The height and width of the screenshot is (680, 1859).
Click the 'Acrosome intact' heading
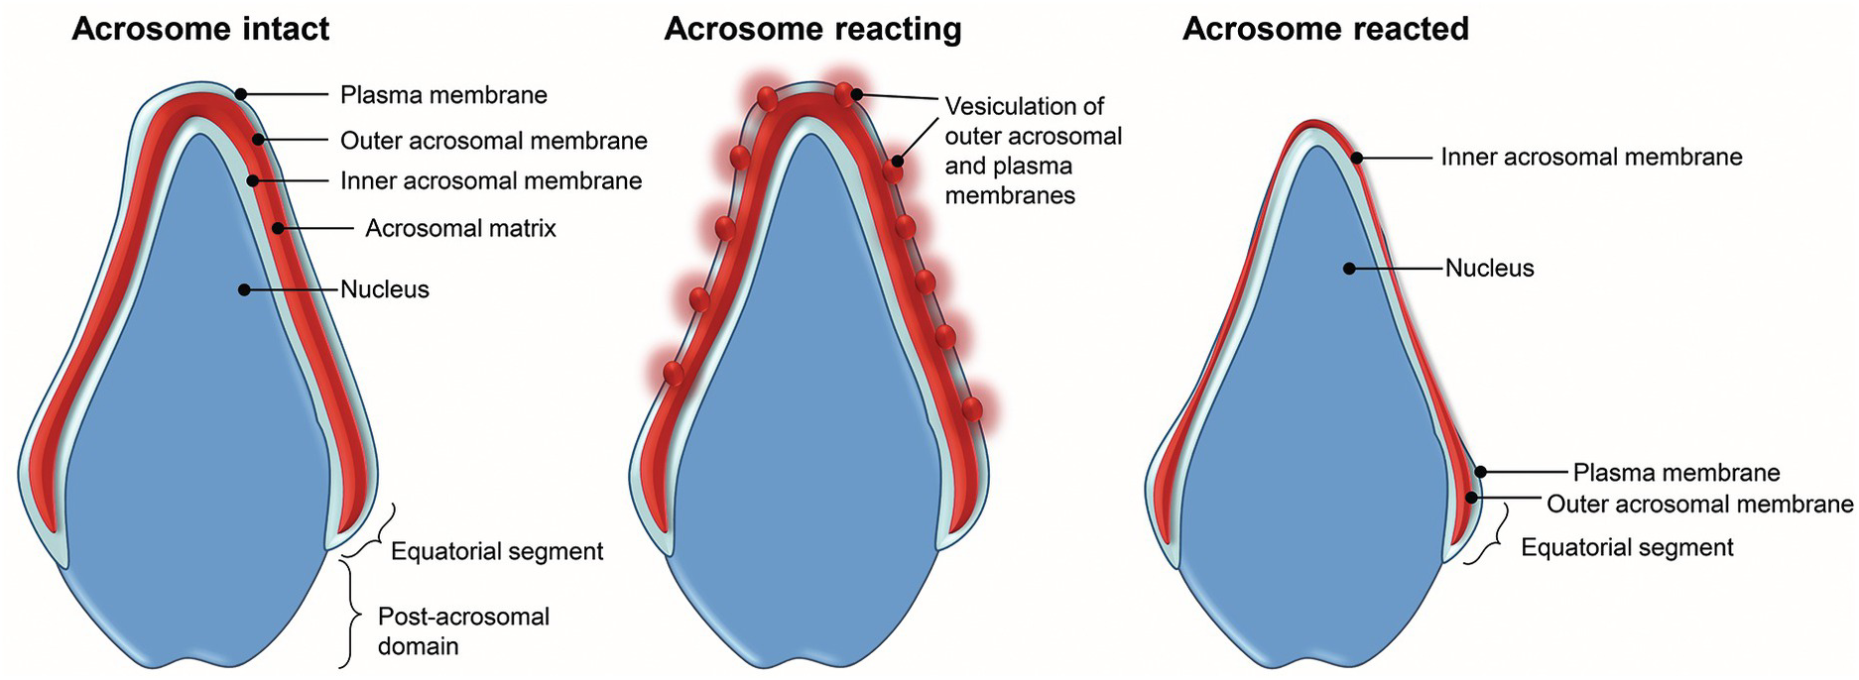pos(200,30)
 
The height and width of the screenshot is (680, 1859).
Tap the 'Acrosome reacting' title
pos(812,30)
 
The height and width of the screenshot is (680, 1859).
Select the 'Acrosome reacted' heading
pos(1325,30)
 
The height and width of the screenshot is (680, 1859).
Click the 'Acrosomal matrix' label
pos(460,229)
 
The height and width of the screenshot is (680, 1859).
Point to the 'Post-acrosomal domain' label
pos(463,631)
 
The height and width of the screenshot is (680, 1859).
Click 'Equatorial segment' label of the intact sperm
pos(497,551)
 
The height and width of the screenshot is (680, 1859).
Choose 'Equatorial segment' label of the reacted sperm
pos(1627,547)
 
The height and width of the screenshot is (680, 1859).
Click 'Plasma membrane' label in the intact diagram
pos(443,95)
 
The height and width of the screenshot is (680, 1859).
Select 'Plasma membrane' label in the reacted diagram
pos(1675,473)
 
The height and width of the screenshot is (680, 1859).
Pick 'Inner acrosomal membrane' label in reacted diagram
pos(1591,158)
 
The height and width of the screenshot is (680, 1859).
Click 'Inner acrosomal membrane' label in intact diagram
pos(491,181)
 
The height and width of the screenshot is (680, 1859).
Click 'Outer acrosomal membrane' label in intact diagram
pos(493,141)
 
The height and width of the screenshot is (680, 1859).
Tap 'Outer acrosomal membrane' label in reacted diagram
pos(1699,505)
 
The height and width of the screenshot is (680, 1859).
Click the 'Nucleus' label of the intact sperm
pos(385,290)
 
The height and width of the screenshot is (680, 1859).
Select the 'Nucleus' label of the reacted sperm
pos(1489,269)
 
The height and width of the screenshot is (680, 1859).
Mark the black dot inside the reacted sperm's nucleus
pos(1349,268)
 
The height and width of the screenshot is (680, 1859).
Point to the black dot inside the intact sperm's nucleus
pos(243,289)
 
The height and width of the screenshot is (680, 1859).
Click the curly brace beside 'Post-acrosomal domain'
pos(349,615)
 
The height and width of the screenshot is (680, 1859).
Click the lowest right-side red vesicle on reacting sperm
pos(972,407)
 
